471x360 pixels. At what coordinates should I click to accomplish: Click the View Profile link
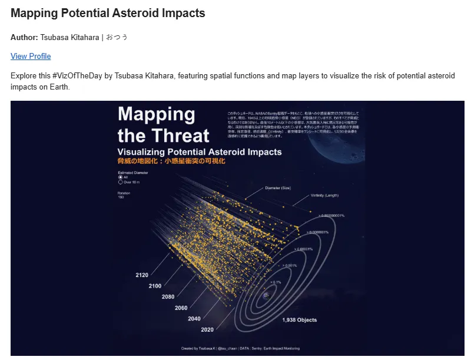coord(31,57)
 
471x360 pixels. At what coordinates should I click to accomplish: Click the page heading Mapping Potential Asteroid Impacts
coord(107,13)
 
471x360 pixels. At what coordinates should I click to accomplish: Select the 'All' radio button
coord(121,177)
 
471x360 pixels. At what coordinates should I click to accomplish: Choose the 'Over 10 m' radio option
coord(121,183)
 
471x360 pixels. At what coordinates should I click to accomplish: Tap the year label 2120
coord(142,275)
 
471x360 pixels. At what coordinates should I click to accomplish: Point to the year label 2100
coord(155,286)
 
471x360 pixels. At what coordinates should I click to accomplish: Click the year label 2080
coord(168,297)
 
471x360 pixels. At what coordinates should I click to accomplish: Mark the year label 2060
coord(181,308)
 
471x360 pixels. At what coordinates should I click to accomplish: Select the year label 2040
coord(194,319)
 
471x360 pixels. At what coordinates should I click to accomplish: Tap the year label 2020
coord(207,330)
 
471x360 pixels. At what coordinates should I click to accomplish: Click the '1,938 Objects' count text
coord(299,321)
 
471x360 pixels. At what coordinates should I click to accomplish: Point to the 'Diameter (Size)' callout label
coord(278,188)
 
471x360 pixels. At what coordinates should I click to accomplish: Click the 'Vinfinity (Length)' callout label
coord(324,196)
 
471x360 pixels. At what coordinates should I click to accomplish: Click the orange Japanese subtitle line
coord(171,161)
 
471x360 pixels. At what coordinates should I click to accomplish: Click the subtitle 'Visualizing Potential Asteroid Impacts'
coord(200,152)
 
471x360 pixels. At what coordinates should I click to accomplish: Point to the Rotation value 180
coord(121,197)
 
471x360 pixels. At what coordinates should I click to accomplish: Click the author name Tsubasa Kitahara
coord(69,37)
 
